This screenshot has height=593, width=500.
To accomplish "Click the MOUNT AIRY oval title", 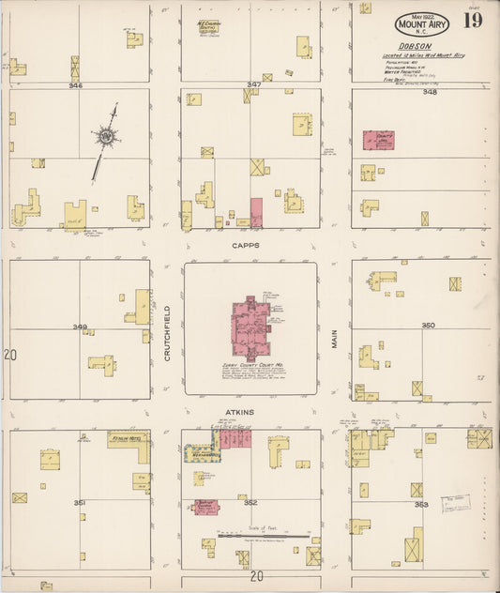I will pos(421,24).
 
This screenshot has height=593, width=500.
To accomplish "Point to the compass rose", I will pos(107,138).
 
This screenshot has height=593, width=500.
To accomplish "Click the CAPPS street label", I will pos(249,245).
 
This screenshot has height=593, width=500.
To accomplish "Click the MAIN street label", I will pos(333,338).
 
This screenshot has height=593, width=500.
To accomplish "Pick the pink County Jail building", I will pos(378,141).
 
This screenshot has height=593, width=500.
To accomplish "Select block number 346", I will pos(75,85).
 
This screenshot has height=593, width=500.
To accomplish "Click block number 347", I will pos(253,85).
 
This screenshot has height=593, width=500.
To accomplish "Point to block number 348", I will pos(429,92).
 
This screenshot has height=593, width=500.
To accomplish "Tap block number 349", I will pos(81,327).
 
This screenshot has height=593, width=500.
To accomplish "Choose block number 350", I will pos(428,326).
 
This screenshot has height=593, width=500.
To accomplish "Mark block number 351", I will pos(80,503).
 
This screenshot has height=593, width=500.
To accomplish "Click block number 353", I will pos(421,505).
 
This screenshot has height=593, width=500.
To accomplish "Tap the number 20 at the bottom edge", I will pos(256,576).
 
